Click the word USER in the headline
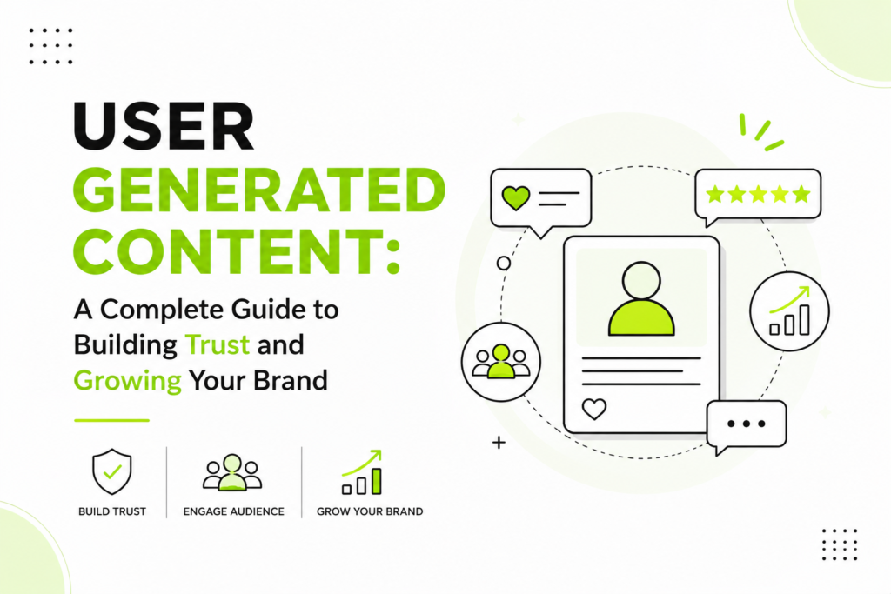[x=164, y=126]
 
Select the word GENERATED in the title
[x=259, y=190]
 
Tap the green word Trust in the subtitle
[x=218, y=344]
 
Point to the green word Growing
[x=128, y=381]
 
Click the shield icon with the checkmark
[x=112, y=471]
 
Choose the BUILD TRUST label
[x=112, y=511]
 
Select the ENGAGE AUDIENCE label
[x=233, y=511]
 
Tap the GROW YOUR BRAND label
[x=370, y=511]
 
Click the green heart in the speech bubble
[x=516, y=198]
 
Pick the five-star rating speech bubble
[x=758, y=195]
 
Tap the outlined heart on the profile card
[x=594, y=409]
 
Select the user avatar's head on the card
[x=641, y=281]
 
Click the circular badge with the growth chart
[x=789, y=311]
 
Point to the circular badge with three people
[x=500, y=362]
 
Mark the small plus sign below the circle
[x=499, y=443]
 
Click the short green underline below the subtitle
[x=111, y=420]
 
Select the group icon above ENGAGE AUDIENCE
[x=231, y=472]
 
